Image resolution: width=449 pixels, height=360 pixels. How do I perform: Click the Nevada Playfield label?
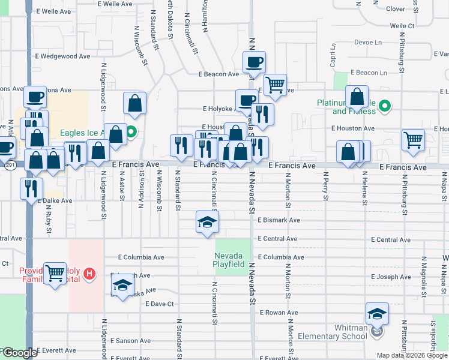[x=230, y=260]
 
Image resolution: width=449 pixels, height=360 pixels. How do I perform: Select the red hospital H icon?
[x=89, y=274]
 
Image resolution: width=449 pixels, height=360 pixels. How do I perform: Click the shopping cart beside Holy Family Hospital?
[x=55, y=273]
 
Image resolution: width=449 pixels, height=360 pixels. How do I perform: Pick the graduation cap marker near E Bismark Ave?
[x=207, y=223]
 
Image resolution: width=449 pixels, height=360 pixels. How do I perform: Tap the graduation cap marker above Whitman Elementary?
[x=377, y=314]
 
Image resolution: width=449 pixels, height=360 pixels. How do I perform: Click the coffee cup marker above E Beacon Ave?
[x=254, y=62]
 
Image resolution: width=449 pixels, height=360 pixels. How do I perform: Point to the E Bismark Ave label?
[x=279, y=220]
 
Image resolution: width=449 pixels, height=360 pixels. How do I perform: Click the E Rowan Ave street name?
[x=279, y=313]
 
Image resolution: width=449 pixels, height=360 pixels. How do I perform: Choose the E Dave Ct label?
[x=159, y=304]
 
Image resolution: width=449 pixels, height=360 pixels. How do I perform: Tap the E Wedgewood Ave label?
[x=62, y=56]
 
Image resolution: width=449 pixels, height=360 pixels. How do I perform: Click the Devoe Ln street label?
[x=368, y=43]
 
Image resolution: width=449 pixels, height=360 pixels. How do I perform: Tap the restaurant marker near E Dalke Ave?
[x=31, y=188]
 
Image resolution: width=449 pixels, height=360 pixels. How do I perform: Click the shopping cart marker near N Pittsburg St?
[x=413, y=140]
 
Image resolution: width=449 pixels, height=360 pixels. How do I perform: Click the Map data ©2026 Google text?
[x=411, y=355]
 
